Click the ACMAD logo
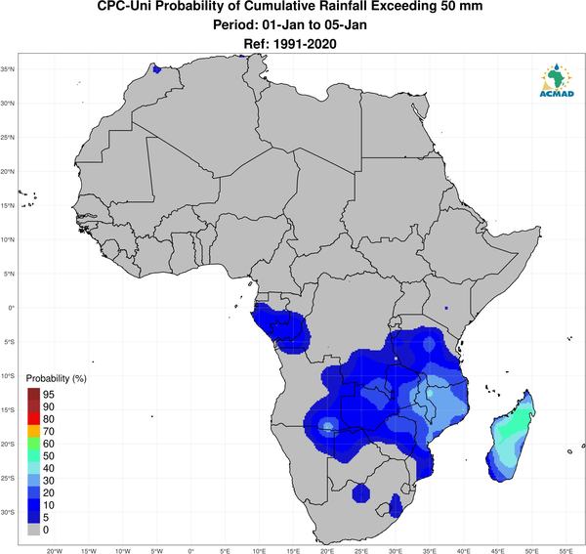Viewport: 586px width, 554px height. click(x=557, y=80)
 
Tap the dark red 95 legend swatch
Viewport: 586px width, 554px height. click(x=33, y=394)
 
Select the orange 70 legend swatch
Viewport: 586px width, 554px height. click(x=33, y=431)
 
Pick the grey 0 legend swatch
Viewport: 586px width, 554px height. click(x=33, y=530)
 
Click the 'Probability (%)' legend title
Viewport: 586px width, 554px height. click(x=56, y=378)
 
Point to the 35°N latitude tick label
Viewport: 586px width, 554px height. click(x=8, y=69)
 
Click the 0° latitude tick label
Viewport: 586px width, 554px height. click(x=12, y=308)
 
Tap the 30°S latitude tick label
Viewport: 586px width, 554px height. click(x=8, y=512)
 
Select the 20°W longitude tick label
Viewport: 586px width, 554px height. click(x=55, y=551)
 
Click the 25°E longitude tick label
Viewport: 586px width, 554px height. click(x=361, y=551)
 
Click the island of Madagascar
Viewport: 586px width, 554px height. click(x=511, y=438)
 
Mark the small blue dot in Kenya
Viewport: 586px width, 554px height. click(x=446, y=308)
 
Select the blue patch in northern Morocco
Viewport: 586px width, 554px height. click(x=156, y=69)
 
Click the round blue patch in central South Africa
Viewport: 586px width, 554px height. click(x=361, y=493)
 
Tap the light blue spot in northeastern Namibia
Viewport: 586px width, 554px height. click(x=328, y=425)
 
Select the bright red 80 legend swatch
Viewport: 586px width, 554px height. click(x=33, y=419)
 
